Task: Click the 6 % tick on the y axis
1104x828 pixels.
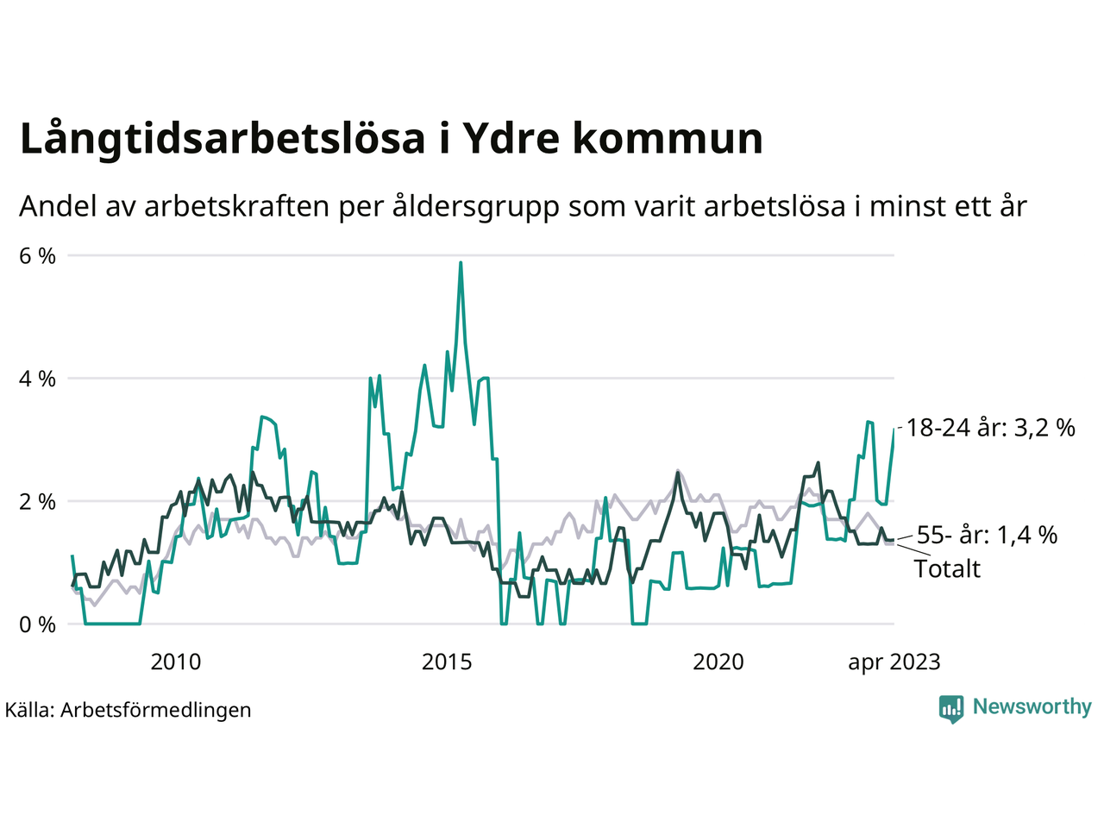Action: click(x=37, y=256)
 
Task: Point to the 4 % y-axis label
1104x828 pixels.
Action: click(x=37, y=379)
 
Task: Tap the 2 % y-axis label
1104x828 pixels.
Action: click(x=37, y=502)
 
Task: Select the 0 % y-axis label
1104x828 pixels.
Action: click(x=37, y=624)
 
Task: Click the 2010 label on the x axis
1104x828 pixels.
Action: click(x=175, y=662)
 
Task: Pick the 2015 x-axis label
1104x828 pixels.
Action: click(x=447, y=662)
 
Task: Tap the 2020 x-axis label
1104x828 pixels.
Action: click(x=718, y=662)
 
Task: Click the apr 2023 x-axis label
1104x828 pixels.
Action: click(x=894, y=662)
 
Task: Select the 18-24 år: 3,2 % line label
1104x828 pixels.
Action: click(x=991, y=428)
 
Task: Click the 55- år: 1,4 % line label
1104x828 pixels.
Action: click(x=987, y=536)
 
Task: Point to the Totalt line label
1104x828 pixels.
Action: click(x=947, y=569)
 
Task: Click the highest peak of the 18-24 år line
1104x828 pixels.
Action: click(x=461, y=263)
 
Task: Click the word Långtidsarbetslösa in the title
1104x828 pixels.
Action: click(x=222, y=140)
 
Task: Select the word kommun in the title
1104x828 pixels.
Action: click(x=667, y=140)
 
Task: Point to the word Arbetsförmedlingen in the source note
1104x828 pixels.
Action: click(x=156, y=710)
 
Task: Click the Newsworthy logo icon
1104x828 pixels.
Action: click(x=951, y=708)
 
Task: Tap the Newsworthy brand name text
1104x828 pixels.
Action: click(x=1032, y=707)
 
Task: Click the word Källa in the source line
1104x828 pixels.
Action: click(x=29, y=710)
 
